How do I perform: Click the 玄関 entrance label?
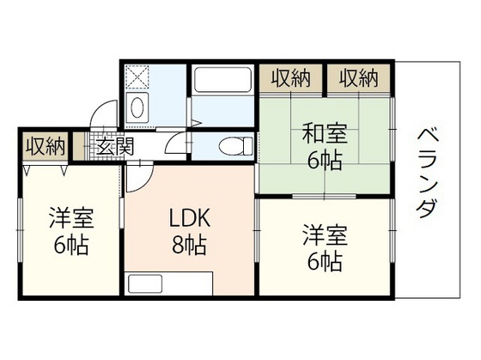(114, 146)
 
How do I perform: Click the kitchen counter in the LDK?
(168, 283)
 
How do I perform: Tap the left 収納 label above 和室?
(291, 78)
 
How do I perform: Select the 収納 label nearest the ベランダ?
(356, 78)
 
